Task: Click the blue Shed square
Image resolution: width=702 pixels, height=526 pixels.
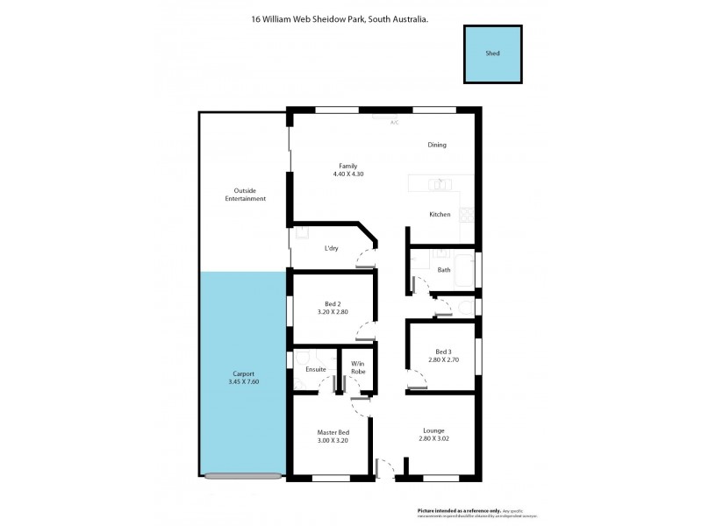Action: [x=493, y=54]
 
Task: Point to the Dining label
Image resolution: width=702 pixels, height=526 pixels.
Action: [x=437, y=145]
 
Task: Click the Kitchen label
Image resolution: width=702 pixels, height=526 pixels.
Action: [x=440, y=215]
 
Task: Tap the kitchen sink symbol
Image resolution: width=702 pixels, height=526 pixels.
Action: [x=440, y=184]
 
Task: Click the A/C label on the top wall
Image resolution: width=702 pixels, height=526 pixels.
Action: [x=394, y=123]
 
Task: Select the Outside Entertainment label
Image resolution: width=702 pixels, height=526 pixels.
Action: [x=244, y=195]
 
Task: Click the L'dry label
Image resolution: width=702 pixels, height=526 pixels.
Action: [x=332, y=249]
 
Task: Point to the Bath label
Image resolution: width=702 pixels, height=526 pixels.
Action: [x=444, y=270]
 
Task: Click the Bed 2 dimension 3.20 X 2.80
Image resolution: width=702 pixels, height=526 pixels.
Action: [x=333, y=312]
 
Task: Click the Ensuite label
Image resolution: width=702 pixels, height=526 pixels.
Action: [x=316, y=369]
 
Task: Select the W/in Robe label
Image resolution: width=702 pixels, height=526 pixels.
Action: [x=358, y=367]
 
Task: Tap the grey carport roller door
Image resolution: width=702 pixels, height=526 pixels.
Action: [x=243, y=476]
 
